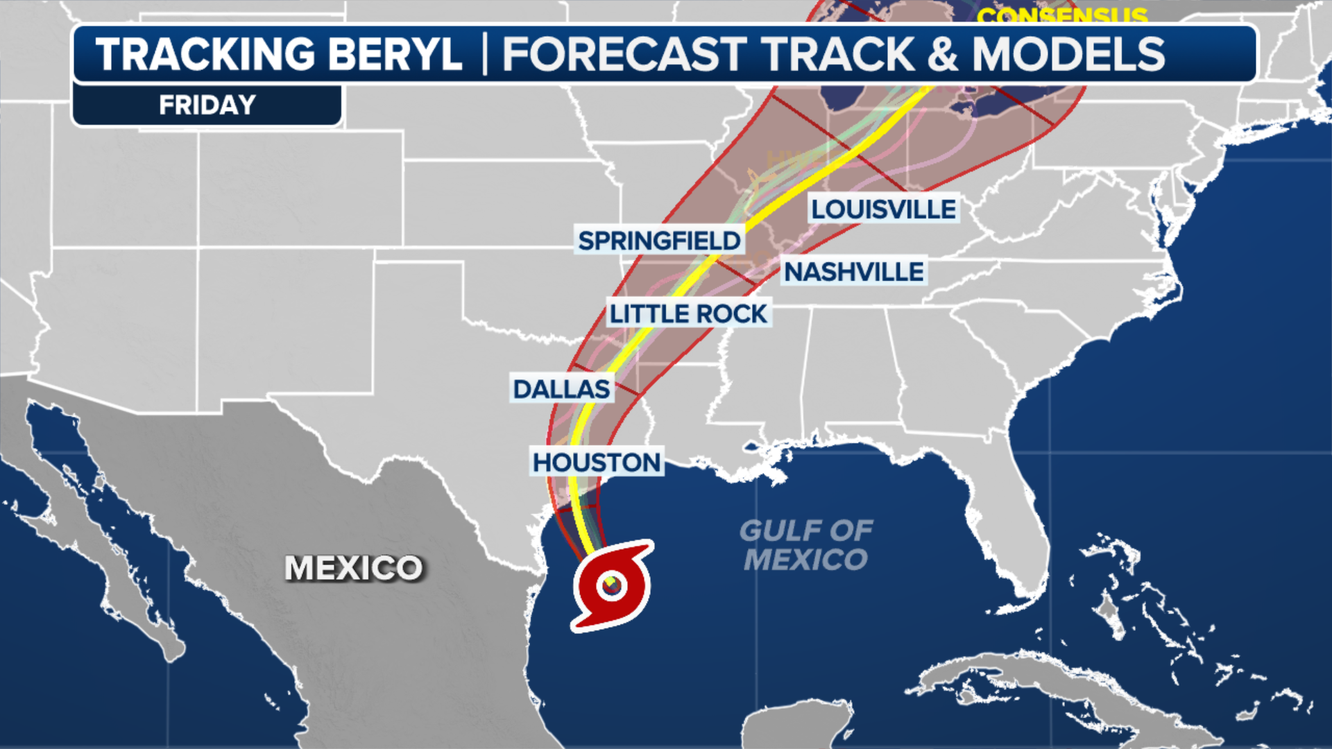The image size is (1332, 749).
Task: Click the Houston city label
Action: (597, 462)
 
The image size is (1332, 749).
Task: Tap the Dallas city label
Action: (561, 389)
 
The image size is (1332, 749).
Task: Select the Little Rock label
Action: (688, 313)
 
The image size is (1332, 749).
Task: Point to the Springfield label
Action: (659, 241)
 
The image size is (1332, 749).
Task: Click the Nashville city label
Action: (854, 272)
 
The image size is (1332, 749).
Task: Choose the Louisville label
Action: (884, 209)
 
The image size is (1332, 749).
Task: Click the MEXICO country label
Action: (353, 568)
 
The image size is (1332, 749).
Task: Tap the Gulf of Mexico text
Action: (805, 545)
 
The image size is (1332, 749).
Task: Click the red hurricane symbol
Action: (612, 586)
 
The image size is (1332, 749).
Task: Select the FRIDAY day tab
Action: (207, 105)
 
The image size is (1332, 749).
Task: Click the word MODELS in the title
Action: (1068, 54)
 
